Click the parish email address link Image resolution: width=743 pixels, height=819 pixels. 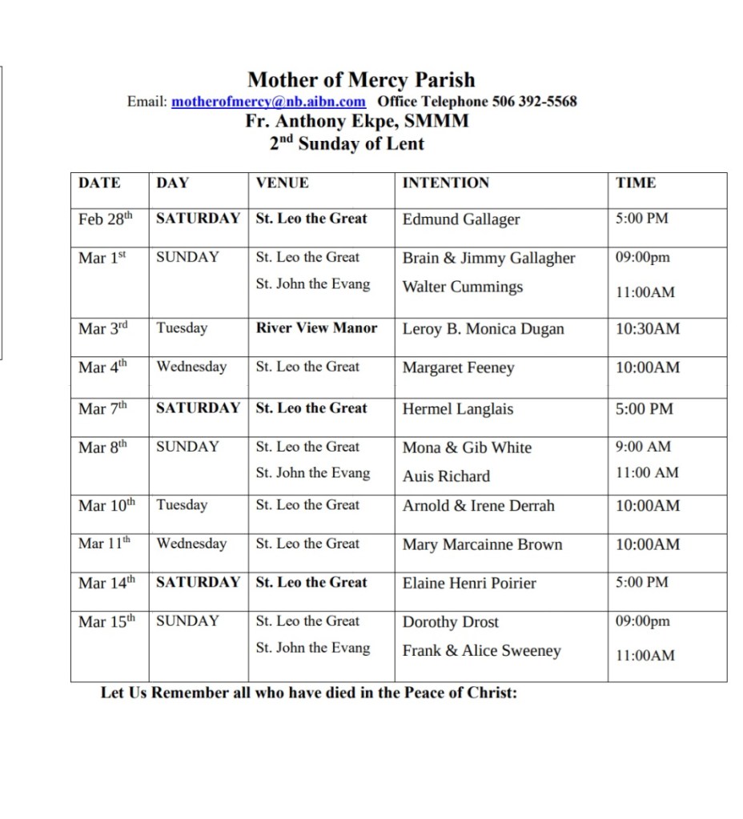(x=268, y=102)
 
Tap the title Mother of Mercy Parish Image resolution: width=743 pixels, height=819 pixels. (x=361, y=80)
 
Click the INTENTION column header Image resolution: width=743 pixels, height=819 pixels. (x=445, y=183)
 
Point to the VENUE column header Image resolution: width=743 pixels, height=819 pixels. (x=282, y=183)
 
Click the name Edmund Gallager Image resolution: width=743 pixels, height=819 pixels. (x=460, y=219)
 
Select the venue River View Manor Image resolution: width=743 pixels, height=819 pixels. (x=316, y=328)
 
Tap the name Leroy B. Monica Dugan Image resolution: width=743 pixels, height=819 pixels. (x=483, y=329)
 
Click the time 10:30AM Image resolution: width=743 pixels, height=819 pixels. (x=647, y=329)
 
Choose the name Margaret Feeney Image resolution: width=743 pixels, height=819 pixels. (x=458, y=368)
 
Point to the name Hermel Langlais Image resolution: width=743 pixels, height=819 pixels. (x=457, y=409)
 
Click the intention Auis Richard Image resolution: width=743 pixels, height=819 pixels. (x=446, y=476)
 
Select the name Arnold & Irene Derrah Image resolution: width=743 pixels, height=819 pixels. (x=478, y=506)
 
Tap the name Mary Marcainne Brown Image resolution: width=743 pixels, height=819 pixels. (x=482, y=545)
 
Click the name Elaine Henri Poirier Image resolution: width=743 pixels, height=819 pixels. (x=469, y=584)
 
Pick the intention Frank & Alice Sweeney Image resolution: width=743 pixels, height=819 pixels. (x=481, y=651)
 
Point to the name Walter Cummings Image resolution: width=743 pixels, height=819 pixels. (x=462, y=287)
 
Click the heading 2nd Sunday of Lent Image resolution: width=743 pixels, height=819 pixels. (x=347, y=144)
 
